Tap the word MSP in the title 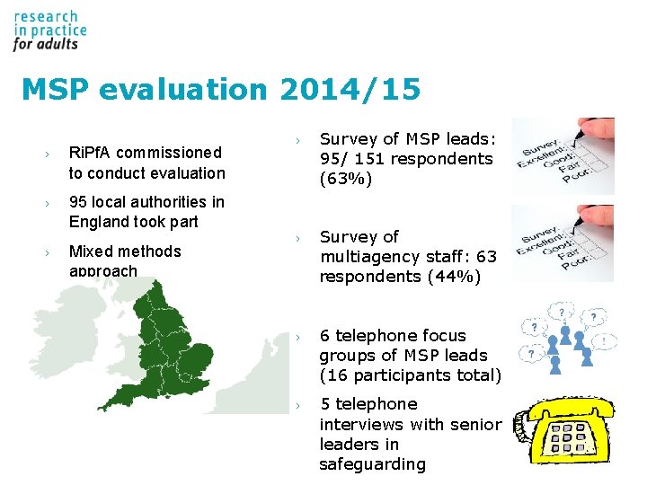(x=56, y=90)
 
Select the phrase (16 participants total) (x=411, y=375)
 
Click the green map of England (x=180, y=341)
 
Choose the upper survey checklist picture (x=563, y=155)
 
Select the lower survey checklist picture (x=563, y=242)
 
